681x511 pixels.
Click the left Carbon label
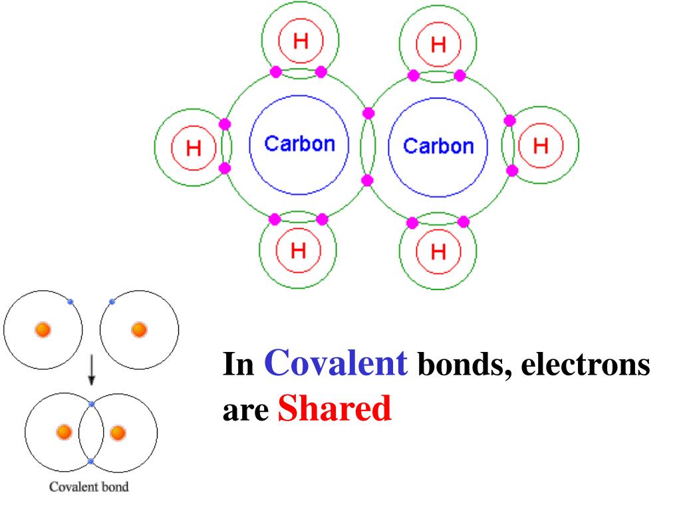click(x=299, y=144)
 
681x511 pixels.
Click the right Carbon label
click(x=439, y=146)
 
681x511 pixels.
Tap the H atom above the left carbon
click(x=301, y=41)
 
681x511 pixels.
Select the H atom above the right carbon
click(x=438, y=44)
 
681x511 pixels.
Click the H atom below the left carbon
click(x=299, y=251)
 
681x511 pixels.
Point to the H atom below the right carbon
click(x=438, y=252)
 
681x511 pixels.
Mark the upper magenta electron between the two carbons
click(x=368, y=113)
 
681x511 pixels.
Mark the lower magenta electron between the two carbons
click(x=368, y=180)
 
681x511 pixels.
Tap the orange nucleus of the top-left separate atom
click(x=43, y=329)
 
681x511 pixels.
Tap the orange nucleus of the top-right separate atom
click(x=139, y=329)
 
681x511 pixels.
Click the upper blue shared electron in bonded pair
click(x=91, y=404)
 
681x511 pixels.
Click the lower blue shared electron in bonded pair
click(x=91, y=461)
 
